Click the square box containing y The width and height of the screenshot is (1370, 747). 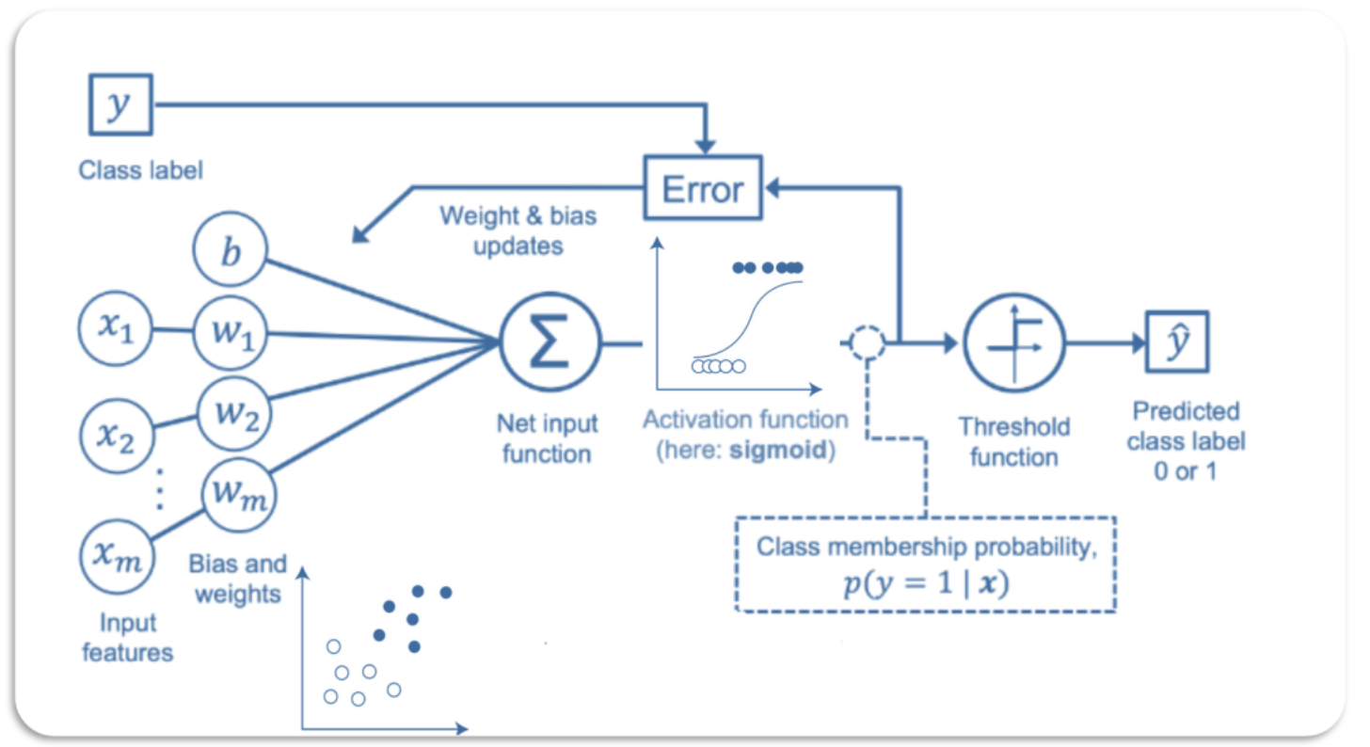click(x=119, y=103)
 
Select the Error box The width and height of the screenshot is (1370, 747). click(x=703, y=189)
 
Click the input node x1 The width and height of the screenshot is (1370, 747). click(x=114, y=329)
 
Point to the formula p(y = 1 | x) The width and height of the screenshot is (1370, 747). click(x=924, y=584)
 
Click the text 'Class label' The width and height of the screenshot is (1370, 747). click(x=140, y=170)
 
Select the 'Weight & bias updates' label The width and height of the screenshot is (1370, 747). click(x=518, y=230)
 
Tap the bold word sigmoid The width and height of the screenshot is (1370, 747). click(x=787, y=449)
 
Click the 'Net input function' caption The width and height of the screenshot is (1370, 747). click(x=547, y=437)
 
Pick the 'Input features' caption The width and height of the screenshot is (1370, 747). click(x=127, y=637)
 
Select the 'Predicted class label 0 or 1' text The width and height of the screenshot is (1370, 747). click(x=1186, y=440)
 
